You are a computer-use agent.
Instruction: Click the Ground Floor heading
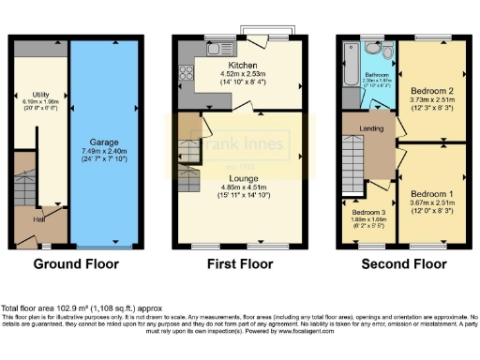(x=77, y=264)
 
